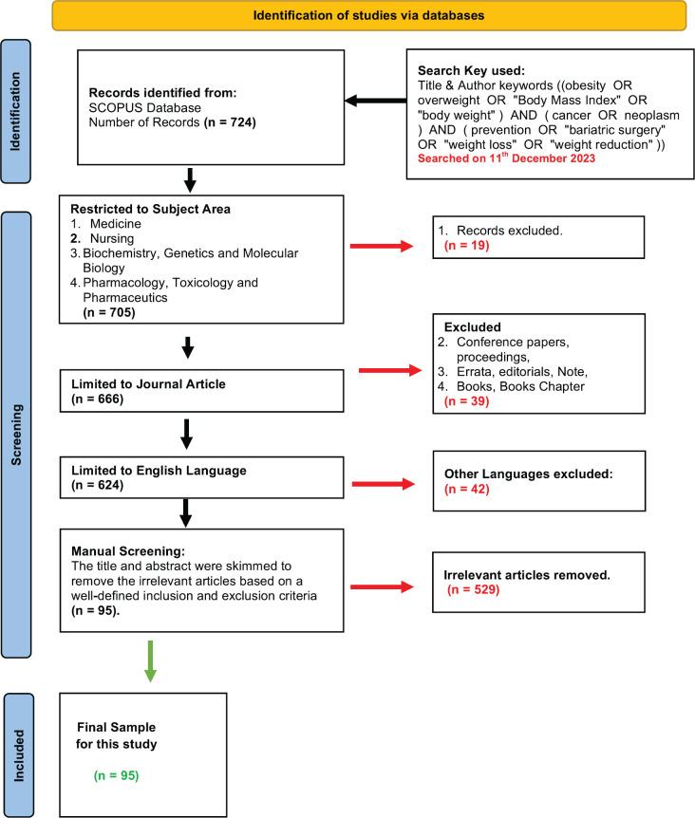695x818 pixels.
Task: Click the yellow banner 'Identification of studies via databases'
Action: tap(367, 15)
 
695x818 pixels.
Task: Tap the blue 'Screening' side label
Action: tap(21, 436)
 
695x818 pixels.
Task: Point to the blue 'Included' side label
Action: tap(21, 755)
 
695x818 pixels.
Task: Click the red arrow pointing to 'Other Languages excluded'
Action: tap(383, 485)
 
